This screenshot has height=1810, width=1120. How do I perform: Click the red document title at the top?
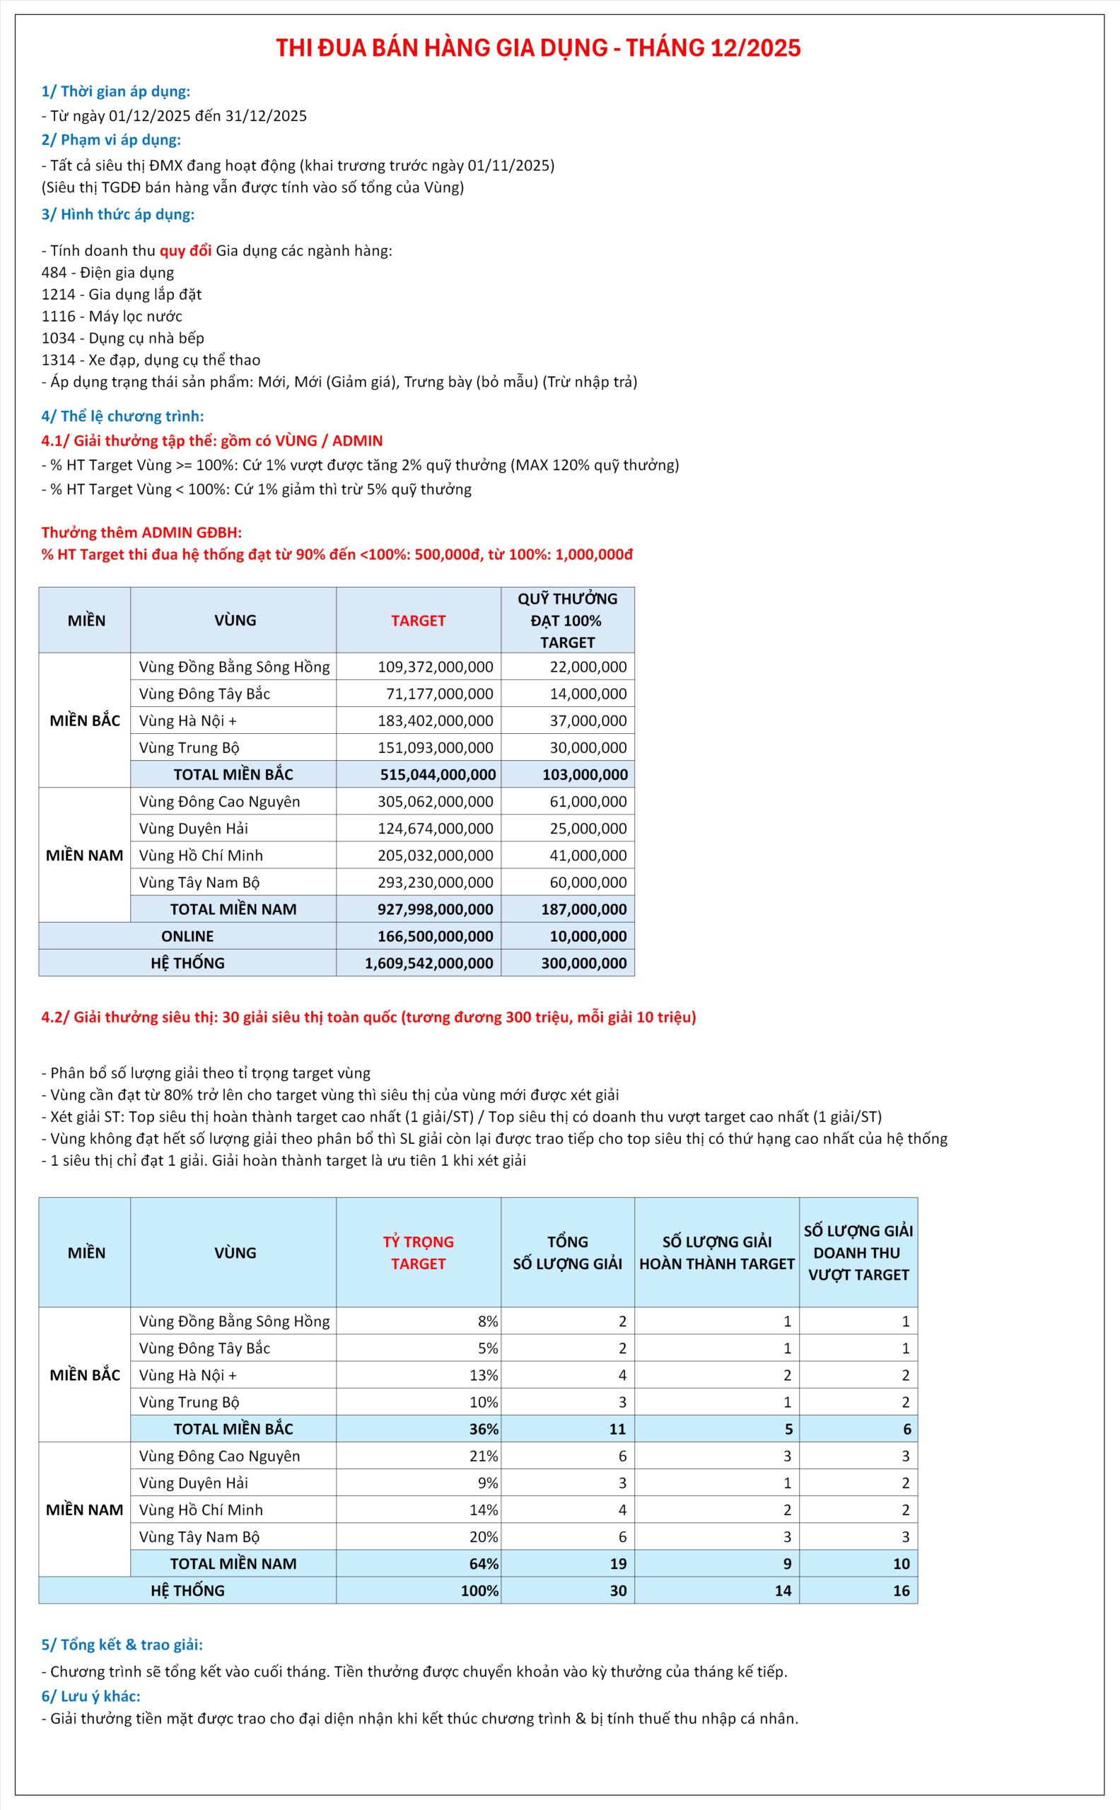[538, 48]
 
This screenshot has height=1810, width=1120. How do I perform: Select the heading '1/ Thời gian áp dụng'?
[115, 92]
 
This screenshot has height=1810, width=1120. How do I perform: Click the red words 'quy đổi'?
[185, 250]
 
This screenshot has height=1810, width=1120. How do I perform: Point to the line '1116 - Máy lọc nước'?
[112, 316]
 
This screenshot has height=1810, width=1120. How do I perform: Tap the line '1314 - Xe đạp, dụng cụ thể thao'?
[151, 360]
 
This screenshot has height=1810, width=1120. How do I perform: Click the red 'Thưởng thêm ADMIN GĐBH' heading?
[141, 532]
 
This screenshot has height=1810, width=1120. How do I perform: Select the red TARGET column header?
[419, 621]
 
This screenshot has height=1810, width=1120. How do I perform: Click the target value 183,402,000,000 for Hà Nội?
[435, 720]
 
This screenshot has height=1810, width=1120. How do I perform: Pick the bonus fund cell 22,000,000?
[588, 667]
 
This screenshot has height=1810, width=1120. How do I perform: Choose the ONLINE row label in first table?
[187, 936]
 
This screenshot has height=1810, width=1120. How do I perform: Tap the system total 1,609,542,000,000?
[428, 963]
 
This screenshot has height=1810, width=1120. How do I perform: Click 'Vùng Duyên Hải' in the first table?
[193, 828]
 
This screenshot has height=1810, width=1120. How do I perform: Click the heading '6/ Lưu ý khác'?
[91, 1696]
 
